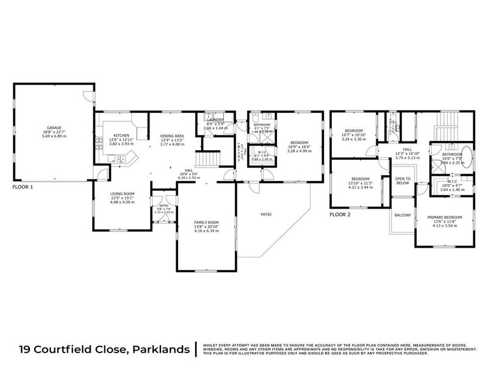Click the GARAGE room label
[54, 127]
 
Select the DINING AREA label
[172, 136]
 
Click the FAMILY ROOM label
[206, 222]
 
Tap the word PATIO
[267, 214]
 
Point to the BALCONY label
[402, 215]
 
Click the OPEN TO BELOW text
[402, 181]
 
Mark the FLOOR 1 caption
[23, 187]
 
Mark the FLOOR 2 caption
[340, 215]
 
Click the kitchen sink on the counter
[121, 160]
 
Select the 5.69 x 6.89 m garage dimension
[54, 136]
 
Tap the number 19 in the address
[26, 349]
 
